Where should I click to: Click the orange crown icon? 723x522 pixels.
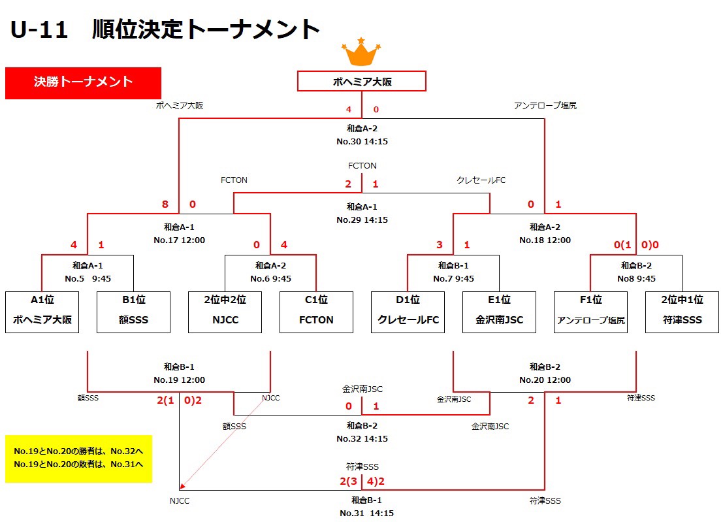(361, 52)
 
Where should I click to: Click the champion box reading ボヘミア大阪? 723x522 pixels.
(362, 81)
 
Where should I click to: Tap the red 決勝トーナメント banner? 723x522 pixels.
(83, 82)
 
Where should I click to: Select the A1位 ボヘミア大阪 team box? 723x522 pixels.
(42, 312)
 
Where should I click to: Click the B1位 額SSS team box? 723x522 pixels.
(133, 312)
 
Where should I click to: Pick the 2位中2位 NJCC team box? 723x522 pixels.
(225, 312)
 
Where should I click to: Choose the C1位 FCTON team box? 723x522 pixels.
(316, 312)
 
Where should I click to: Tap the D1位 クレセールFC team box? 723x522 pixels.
(408, 312)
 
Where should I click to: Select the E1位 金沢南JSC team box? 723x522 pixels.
(499, 312)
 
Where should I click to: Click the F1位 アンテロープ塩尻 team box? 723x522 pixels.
(590, 312)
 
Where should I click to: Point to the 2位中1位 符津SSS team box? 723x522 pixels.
(682, 312)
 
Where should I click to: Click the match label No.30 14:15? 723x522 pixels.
(362, 141)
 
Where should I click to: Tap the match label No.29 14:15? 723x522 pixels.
(362, 220)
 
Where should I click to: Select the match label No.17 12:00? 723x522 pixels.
(179, 240)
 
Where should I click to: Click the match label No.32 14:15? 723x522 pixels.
(362, 438)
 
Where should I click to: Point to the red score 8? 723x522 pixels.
(165, 204)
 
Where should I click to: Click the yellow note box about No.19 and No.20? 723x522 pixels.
(78, 459)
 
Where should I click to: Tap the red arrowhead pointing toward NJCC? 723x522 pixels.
(183, 485)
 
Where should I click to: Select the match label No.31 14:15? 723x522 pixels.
(366, 513)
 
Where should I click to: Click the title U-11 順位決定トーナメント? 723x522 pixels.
(165, 30)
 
